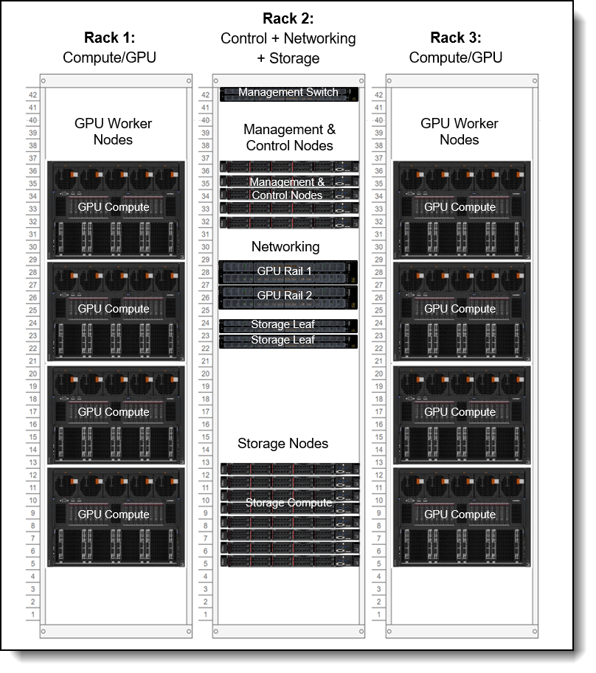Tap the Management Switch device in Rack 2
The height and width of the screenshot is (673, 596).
[288, 93]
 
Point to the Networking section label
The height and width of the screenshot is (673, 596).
[285, 246]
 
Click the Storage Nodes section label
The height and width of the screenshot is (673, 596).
[283, 444]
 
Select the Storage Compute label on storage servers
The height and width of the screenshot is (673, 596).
[288, 503]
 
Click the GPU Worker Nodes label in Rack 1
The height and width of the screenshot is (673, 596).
[114, 131]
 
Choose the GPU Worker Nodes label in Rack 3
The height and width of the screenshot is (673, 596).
[459, 131]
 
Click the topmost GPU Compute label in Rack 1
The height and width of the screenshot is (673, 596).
[114, 207]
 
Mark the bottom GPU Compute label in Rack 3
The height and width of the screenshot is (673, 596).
[459, 514]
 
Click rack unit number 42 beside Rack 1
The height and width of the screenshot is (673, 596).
[33, 94]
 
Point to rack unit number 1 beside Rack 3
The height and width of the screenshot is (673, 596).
[378, 614]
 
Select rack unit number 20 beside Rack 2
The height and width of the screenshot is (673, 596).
[205, 374]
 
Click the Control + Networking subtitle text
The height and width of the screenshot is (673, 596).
[288, 38]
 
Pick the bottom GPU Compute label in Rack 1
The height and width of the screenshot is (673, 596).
[114, 514]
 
